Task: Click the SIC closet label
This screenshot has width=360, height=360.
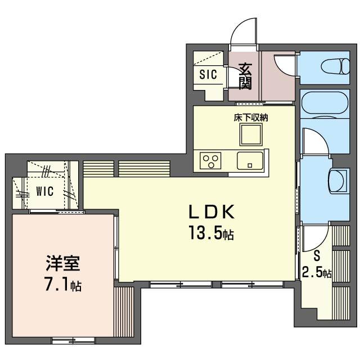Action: [208, 74]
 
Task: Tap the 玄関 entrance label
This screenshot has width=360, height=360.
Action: [245, 76]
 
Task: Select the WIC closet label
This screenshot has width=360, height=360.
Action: [45, 191]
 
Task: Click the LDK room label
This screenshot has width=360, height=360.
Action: [211, 211]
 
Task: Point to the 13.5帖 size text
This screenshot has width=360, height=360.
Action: [211, 233]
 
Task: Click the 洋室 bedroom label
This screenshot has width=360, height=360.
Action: [62, 263]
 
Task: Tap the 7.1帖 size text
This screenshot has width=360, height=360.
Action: [63, 285]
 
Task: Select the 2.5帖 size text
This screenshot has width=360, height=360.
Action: [316, 273]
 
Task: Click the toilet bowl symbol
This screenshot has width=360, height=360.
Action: [335, 66]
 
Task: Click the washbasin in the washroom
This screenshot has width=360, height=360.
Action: [337, 181]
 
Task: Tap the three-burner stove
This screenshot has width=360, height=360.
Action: [210, 161]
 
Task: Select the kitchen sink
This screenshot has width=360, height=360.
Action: [250, 161]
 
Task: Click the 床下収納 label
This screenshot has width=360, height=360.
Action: [251, 118]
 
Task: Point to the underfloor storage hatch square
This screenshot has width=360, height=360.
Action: [251, 134]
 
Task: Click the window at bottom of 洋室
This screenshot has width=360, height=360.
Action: [74, 340]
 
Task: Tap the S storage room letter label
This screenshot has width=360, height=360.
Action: [317, 255]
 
